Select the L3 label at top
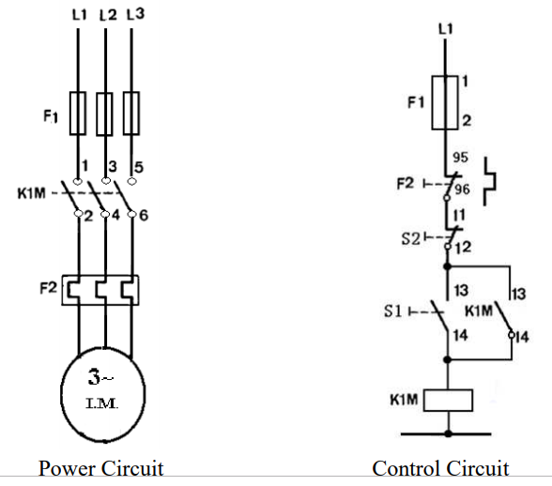click(134, 15)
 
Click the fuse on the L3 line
click(131, 114)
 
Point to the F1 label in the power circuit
click(50, 117)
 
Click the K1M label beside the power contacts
click(32, 195)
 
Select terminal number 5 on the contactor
click(141, 167)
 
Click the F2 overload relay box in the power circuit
click(101, 290)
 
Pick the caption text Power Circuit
click(100, 468)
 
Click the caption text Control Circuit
click(440, 468)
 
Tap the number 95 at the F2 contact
click(461, 158)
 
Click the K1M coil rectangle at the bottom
click(447, 401)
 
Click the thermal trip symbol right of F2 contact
click(494, 181)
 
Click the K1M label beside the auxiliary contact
click(479, 311)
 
